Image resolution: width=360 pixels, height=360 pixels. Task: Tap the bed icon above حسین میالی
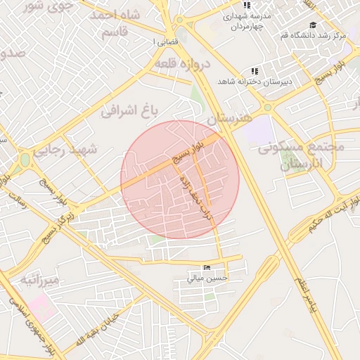click(x=206, y=268)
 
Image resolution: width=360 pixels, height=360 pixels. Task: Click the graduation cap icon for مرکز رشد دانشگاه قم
click(x=312, y=25)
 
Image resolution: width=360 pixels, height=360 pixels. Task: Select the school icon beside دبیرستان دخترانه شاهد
click(x=255, y=71)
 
